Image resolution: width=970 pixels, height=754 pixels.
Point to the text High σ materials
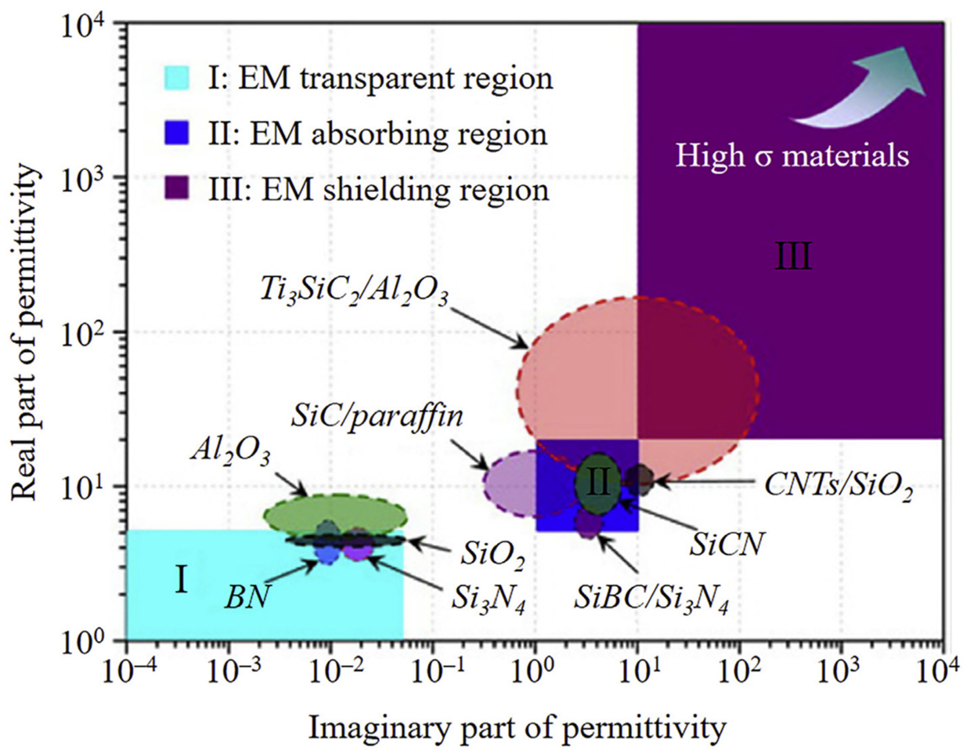click(x=792, y=156)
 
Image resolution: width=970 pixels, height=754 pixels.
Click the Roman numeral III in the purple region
click(x=794, y=257)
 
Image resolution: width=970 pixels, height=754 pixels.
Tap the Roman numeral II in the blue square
click(x=598, y=484)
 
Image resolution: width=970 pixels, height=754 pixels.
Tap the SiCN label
click(x=726, y=545)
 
